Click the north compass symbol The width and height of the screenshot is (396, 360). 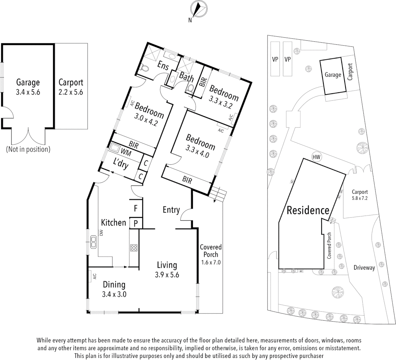pyautogui.click(x=197, y=10)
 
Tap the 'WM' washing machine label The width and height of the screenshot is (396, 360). pyautogui.click(x=126, y=152)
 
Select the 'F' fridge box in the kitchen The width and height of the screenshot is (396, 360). pyautogui.click(x=136, y=209)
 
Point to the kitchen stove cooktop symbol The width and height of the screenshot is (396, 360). pyautogui.click(x=134, y=248)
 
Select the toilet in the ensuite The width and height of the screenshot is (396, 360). pyautogui.click(x=145, y=69)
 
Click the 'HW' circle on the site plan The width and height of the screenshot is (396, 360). pyautogui.click(x=316, y=157)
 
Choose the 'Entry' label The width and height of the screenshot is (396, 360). pyautogui.click(x=171, y=210)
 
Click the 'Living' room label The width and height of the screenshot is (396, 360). pyautogui.click(x=167, y=265)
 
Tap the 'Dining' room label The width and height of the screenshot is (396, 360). pyautogui.click(x=114, y=285)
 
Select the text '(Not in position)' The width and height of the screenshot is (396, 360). pyautogui.click(x=28, y=149)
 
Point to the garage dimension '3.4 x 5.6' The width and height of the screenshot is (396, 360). pyautogui.click(x=28, y=92)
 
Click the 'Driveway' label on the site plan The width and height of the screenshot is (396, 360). pyautogui.click(x=364, y=267)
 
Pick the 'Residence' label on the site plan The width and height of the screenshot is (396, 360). pyautogui.click(x=308, y=210)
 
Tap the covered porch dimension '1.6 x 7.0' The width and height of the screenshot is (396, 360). pyautogui.click(x=211, y=262)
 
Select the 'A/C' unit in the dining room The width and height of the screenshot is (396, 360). pyautogui.click(x=94, y=276)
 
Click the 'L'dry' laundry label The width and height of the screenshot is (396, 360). pyautogui.click(x=121, y=164)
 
